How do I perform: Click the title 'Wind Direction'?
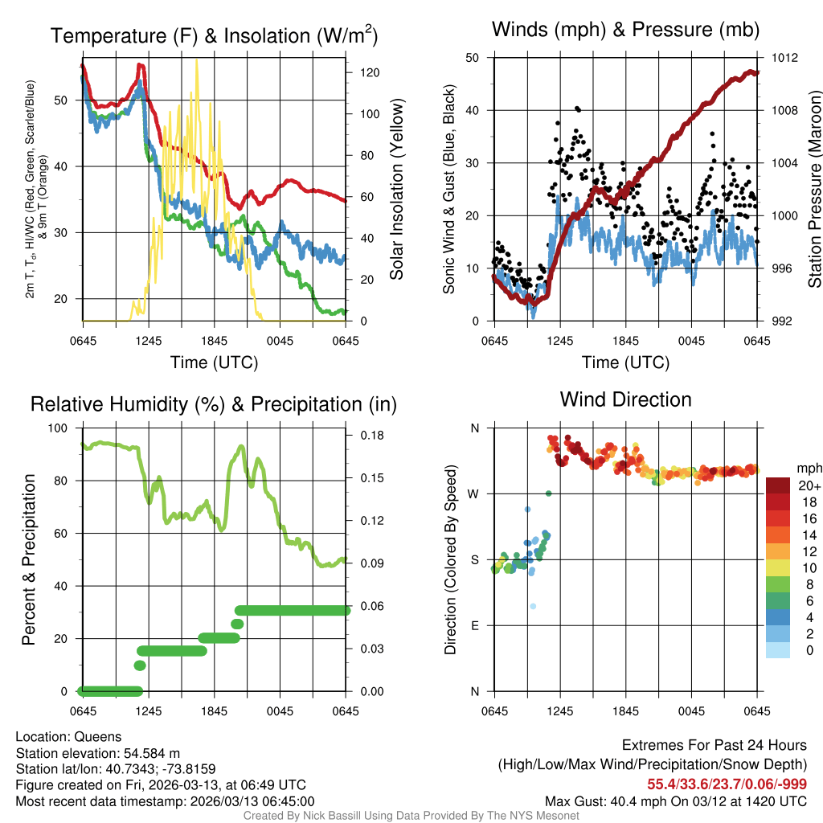click(x=625, y=399)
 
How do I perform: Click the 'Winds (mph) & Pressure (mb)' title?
click(x=625, y=31)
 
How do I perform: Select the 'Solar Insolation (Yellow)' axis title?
click(x=396, y=189)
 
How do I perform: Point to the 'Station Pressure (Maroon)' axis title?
click(x=813, y=189)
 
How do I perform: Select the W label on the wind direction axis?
click(x=474, y=493)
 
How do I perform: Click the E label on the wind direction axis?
click(x=475, y=625)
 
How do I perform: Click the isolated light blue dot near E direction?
click(x=533, y=606)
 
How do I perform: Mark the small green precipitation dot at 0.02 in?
click(x=140, y=665)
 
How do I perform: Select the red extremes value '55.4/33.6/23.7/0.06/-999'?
click(x=727, y=784)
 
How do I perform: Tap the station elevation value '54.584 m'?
click(x=149, y=753)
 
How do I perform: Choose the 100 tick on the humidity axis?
click(x=61, y=428)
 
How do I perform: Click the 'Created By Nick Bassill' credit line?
click(x=411, y=816)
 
